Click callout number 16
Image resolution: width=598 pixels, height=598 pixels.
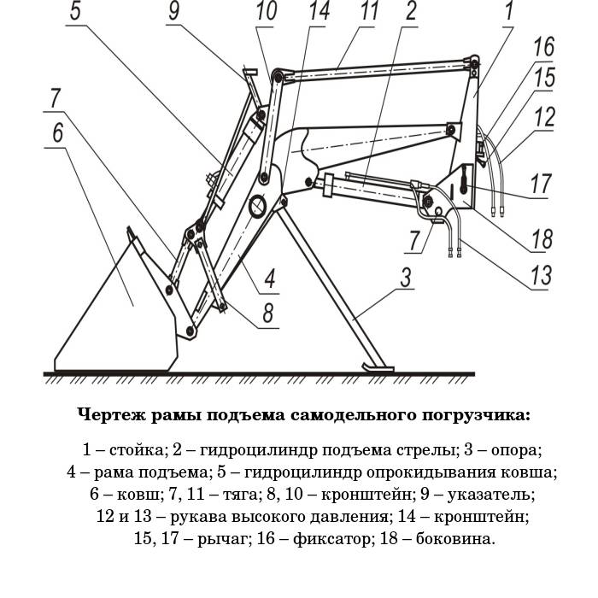tap(544, 48)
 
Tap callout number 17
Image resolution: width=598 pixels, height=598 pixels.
tap(539, 183)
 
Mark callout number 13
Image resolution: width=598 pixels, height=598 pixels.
tap(539, 275)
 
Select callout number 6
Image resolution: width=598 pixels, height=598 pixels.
tap(58, 134)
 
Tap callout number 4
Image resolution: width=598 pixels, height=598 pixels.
tap(267, 278)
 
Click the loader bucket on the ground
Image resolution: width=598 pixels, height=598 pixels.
tap(120, 316)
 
